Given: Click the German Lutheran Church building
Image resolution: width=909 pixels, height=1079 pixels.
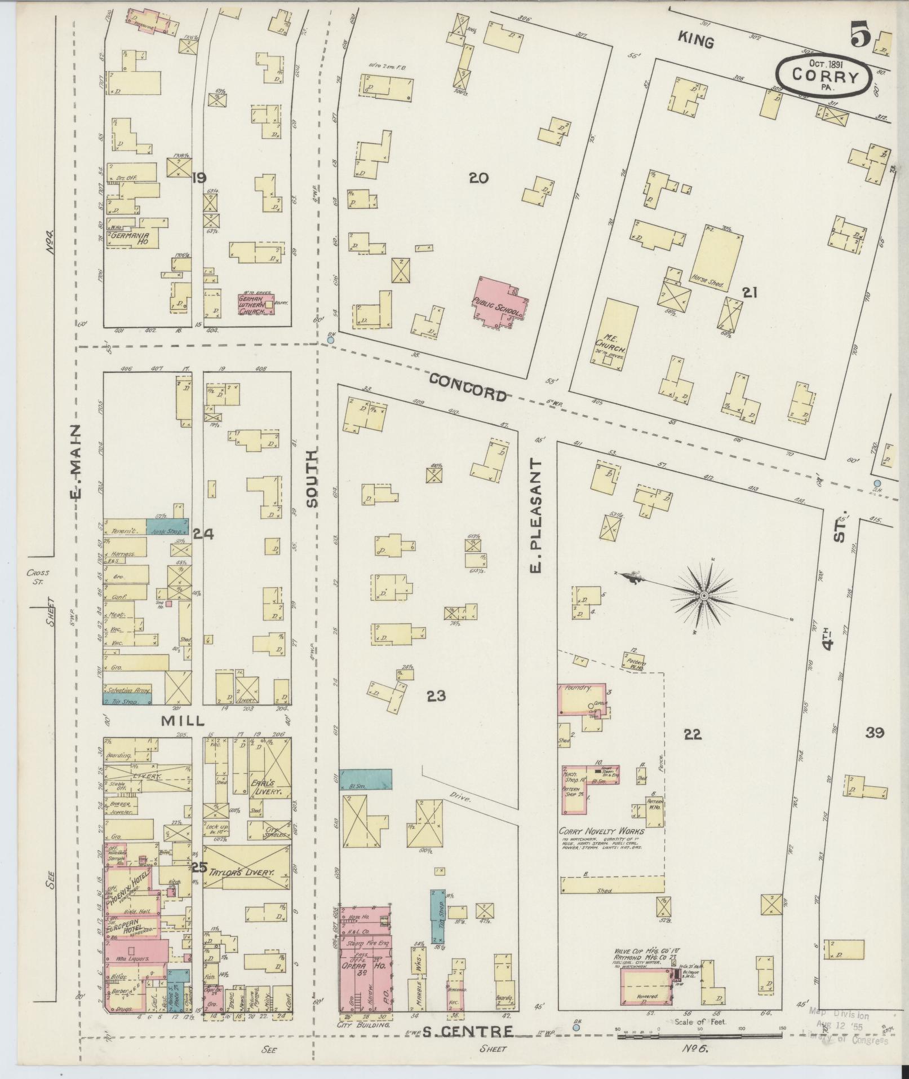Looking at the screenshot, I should [x=255, y=305].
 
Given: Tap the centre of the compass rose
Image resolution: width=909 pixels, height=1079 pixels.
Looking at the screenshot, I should [x=704, y=596].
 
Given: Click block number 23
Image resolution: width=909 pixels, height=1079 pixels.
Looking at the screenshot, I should [x=436, y=696].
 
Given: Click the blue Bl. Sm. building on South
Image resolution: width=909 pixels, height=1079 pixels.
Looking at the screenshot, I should [x=366, y=779].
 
